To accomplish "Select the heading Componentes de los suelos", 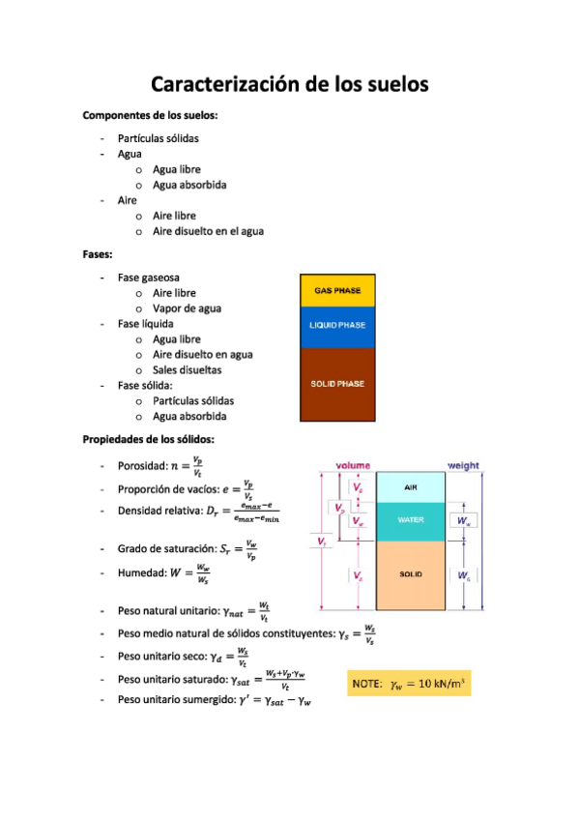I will [150, 115].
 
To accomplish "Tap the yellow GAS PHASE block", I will [337, 290].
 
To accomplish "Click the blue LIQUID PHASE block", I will [337, 326].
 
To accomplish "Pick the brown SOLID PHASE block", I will [337, 384].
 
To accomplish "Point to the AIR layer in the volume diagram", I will [410, 488].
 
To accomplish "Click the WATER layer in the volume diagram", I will [410, 520].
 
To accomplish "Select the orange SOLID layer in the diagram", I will [410, 574].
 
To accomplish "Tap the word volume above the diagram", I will [353, 466].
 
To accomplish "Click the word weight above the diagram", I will [463, 466].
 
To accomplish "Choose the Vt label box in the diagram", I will [322, 542].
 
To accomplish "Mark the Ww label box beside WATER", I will [466, 520].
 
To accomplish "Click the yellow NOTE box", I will [409, 684].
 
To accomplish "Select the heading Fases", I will [99, 254].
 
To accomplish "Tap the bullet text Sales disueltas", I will [187, 369].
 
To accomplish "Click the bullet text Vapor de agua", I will [187, 308].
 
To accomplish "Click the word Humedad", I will [142, 572].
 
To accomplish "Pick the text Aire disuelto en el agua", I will [208, 231].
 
